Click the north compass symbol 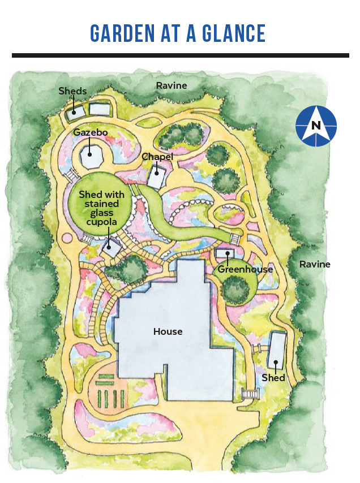coord(316,126)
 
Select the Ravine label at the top coord(172,85)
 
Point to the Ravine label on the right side coord(315,264)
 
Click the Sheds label coord(73,91)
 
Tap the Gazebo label coord(91,132)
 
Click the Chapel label coord(157,157)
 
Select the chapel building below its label coord(156,178)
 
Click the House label coord(168,331)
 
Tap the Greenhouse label coord(246,269)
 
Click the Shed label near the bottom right coord(273,377)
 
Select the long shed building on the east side coord(276,350)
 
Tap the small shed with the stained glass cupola coord(113,248)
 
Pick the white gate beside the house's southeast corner coord(248,394)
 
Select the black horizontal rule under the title coord(180,55)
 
